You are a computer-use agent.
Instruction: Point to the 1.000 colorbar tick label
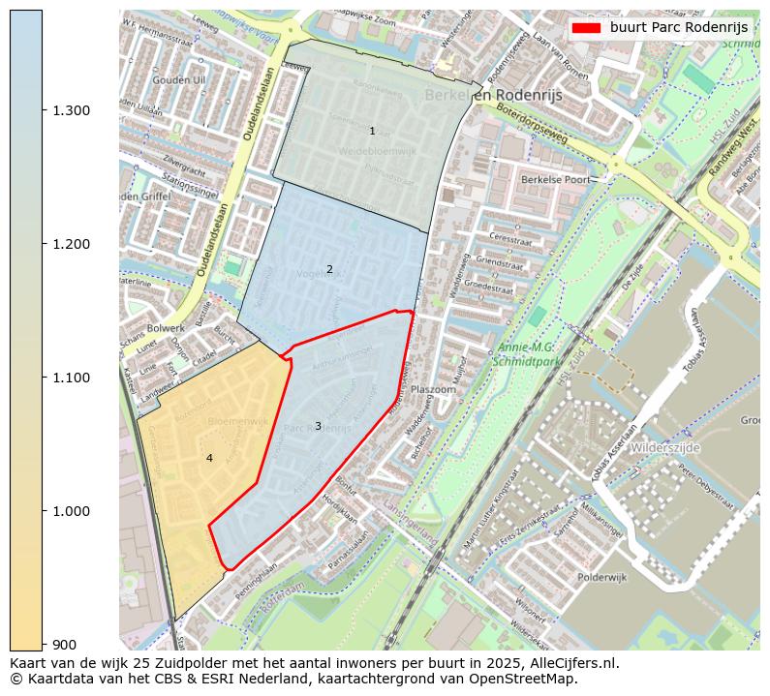(x=72, y=511)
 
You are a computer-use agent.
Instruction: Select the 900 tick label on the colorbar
(x=64, y=645)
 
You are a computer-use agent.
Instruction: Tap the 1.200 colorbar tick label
(x=72, y=244)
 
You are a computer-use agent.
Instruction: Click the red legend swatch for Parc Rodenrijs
(x=586, y=27)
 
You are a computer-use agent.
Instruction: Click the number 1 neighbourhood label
(x=372, y=131)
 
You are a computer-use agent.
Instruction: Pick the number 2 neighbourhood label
(x=329, y=269)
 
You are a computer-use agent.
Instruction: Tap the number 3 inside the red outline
(x=318, y=426)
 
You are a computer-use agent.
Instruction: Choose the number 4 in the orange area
(x=209, y=458)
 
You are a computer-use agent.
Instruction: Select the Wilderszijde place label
(x=664, y=448)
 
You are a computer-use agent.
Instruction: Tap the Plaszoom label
(x=433, y=389)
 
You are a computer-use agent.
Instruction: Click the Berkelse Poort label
(x=555, y=179)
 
